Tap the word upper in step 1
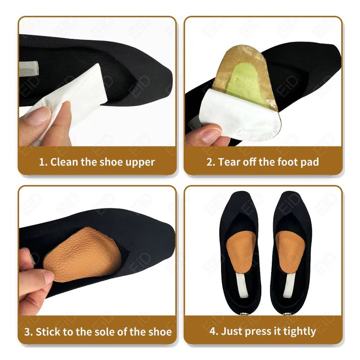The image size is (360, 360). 140,162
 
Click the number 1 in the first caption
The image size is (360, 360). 42,162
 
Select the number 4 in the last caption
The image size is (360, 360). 213,332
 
